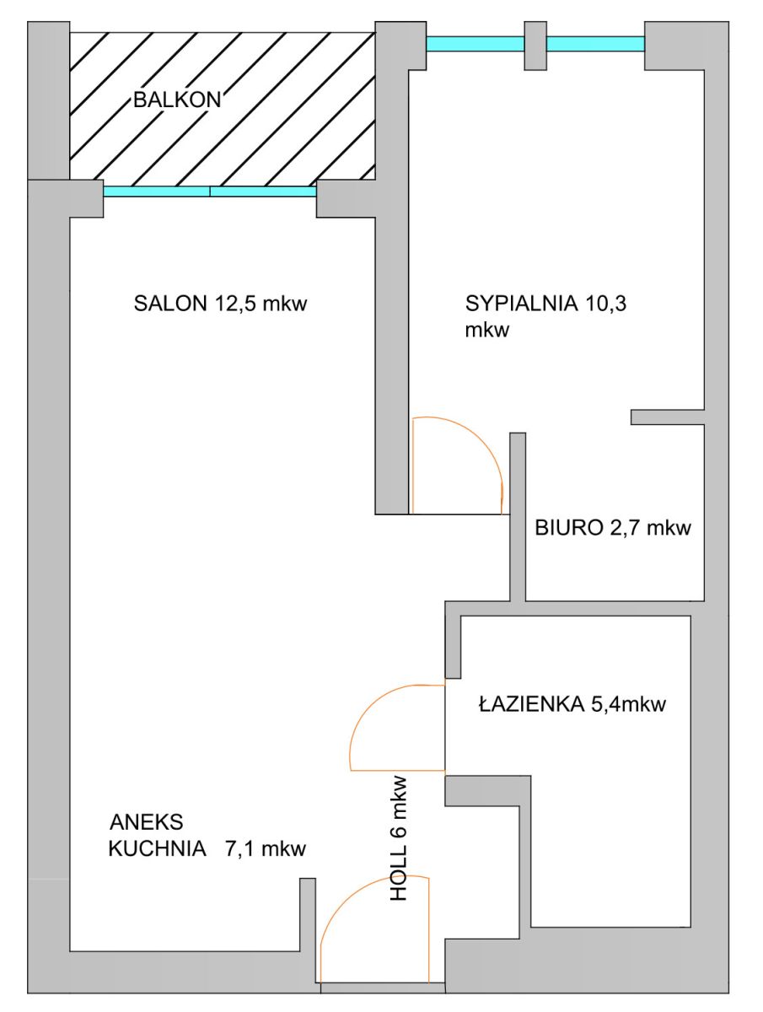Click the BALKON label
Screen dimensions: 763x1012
[x=177, y=100]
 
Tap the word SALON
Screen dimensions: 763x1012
[x=170, y=304]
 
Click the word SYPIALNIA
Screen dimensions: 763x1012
[x=521, y=304]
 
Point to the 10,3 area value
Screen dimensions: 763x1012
[x=605, y=304]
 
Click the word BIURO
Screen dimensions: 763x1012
[x=568, y=527]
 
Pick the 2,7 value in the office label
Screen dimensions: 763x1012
[x=625, y=528]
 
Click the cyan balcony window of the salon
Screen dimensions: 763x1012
[x=210, y=191]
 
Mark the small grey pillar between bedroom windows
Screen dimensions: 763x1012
[x=535, y=46]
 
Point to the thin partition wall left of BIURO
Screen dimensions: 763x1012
[x=518, y=516]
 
